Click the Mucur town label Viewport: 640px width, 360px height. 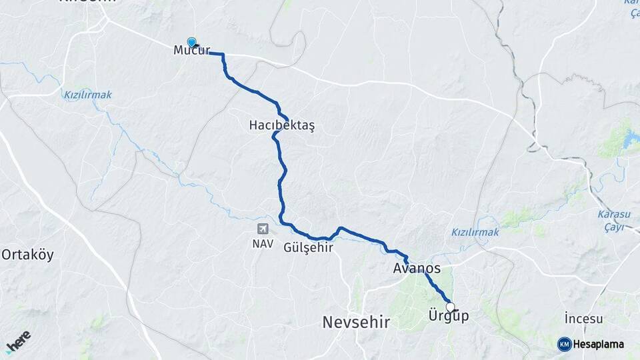pos(191,51)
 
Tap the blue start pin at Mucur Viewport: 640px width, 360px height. pos(192,41)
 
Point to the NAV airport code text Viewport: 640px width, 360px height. pos(263,243)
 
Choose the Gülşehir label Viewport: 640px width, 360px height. pos(308,247)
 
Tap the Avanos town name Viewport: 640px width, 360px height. pos(417,269)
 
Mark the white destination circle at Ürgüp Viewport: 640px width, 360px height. pos(450,307)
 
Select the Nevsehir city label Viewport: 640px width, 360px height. pos(355,322)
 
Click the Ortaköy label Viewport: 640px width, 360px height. pos(27,255)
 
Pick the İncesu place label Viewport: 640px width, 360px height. pos(583,319)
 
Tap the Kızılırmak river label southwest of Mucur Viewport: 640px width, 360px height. pos(88,95)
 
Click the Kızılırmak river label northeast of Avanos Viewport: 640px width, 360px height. pos(475,232)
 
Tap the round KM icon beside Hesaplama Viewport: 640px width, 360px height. pos(564,344)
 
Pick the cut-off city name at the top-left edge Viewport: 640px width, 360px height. pos(87,2)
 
